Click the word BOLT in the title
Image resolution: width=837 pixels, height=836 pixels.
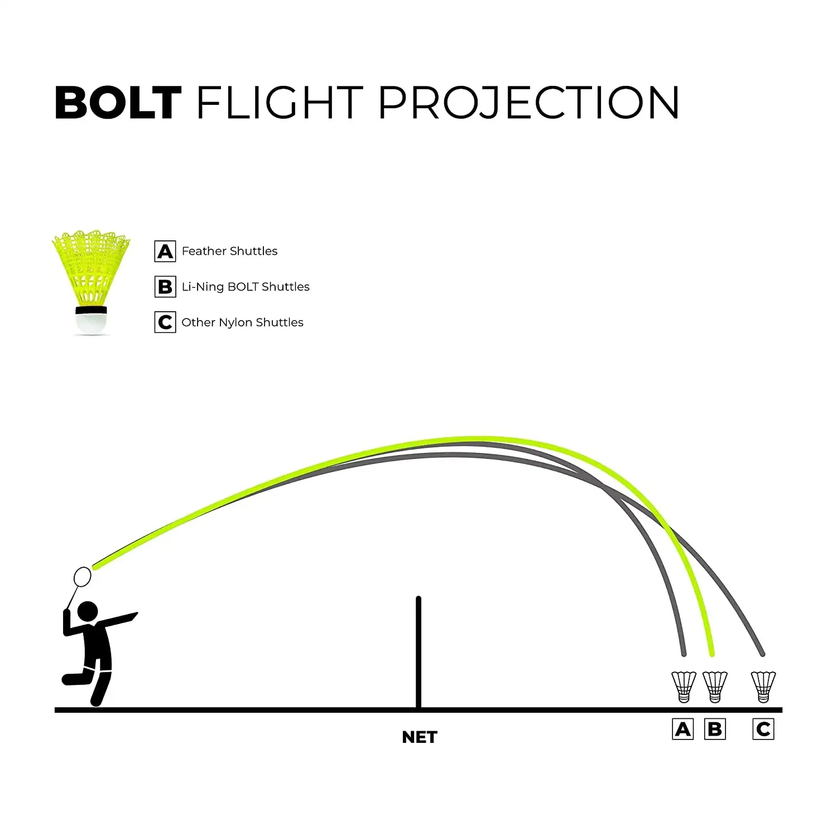point(118,103)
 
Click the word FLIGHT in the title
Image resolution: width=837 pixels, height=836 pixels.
point(280,103)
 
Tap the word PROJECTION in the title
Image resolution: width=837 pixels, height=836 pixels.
point(528,103)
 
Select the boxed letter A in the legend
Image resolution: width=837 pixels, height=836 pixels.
point(165,252)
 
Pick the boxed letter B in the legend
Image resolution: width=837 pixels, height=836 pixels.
point(165,287)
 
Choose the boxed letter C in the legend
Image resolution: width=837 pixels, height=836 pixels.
point(165,322)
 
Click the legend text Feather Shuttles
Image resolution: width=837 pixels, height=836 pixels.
point(229,252)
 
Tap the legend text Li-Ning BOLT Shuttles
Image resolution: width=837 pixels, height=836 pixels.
point(246,287)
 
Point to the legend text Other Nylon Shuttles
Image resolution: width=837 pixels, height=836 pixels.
point(242,322)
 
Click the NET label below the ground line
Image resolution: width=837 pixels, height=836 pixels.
point(420,737)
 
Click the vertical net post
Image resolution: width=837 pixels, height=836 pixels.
point(419,653)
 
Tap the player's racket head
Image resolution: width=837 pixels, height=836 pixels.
point(83,576)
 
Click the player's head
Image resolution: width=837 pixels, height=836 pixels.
point(87,611)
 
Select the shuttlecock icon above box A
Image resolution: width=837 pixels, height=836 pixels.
point(684,687)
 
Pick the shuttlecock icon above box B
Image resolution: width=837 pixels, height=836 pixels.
point(715,687)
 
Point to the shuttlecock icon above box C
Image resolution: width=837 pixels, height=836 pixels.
point(763,687)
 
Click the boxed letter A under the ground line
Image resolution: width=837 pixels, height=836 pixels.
point(683,729)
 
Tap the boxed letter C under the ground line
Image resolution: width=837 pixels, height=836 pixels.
point(763,729)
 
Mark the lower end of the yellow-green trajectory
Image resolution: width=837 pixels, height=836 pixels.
point(711,653)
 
